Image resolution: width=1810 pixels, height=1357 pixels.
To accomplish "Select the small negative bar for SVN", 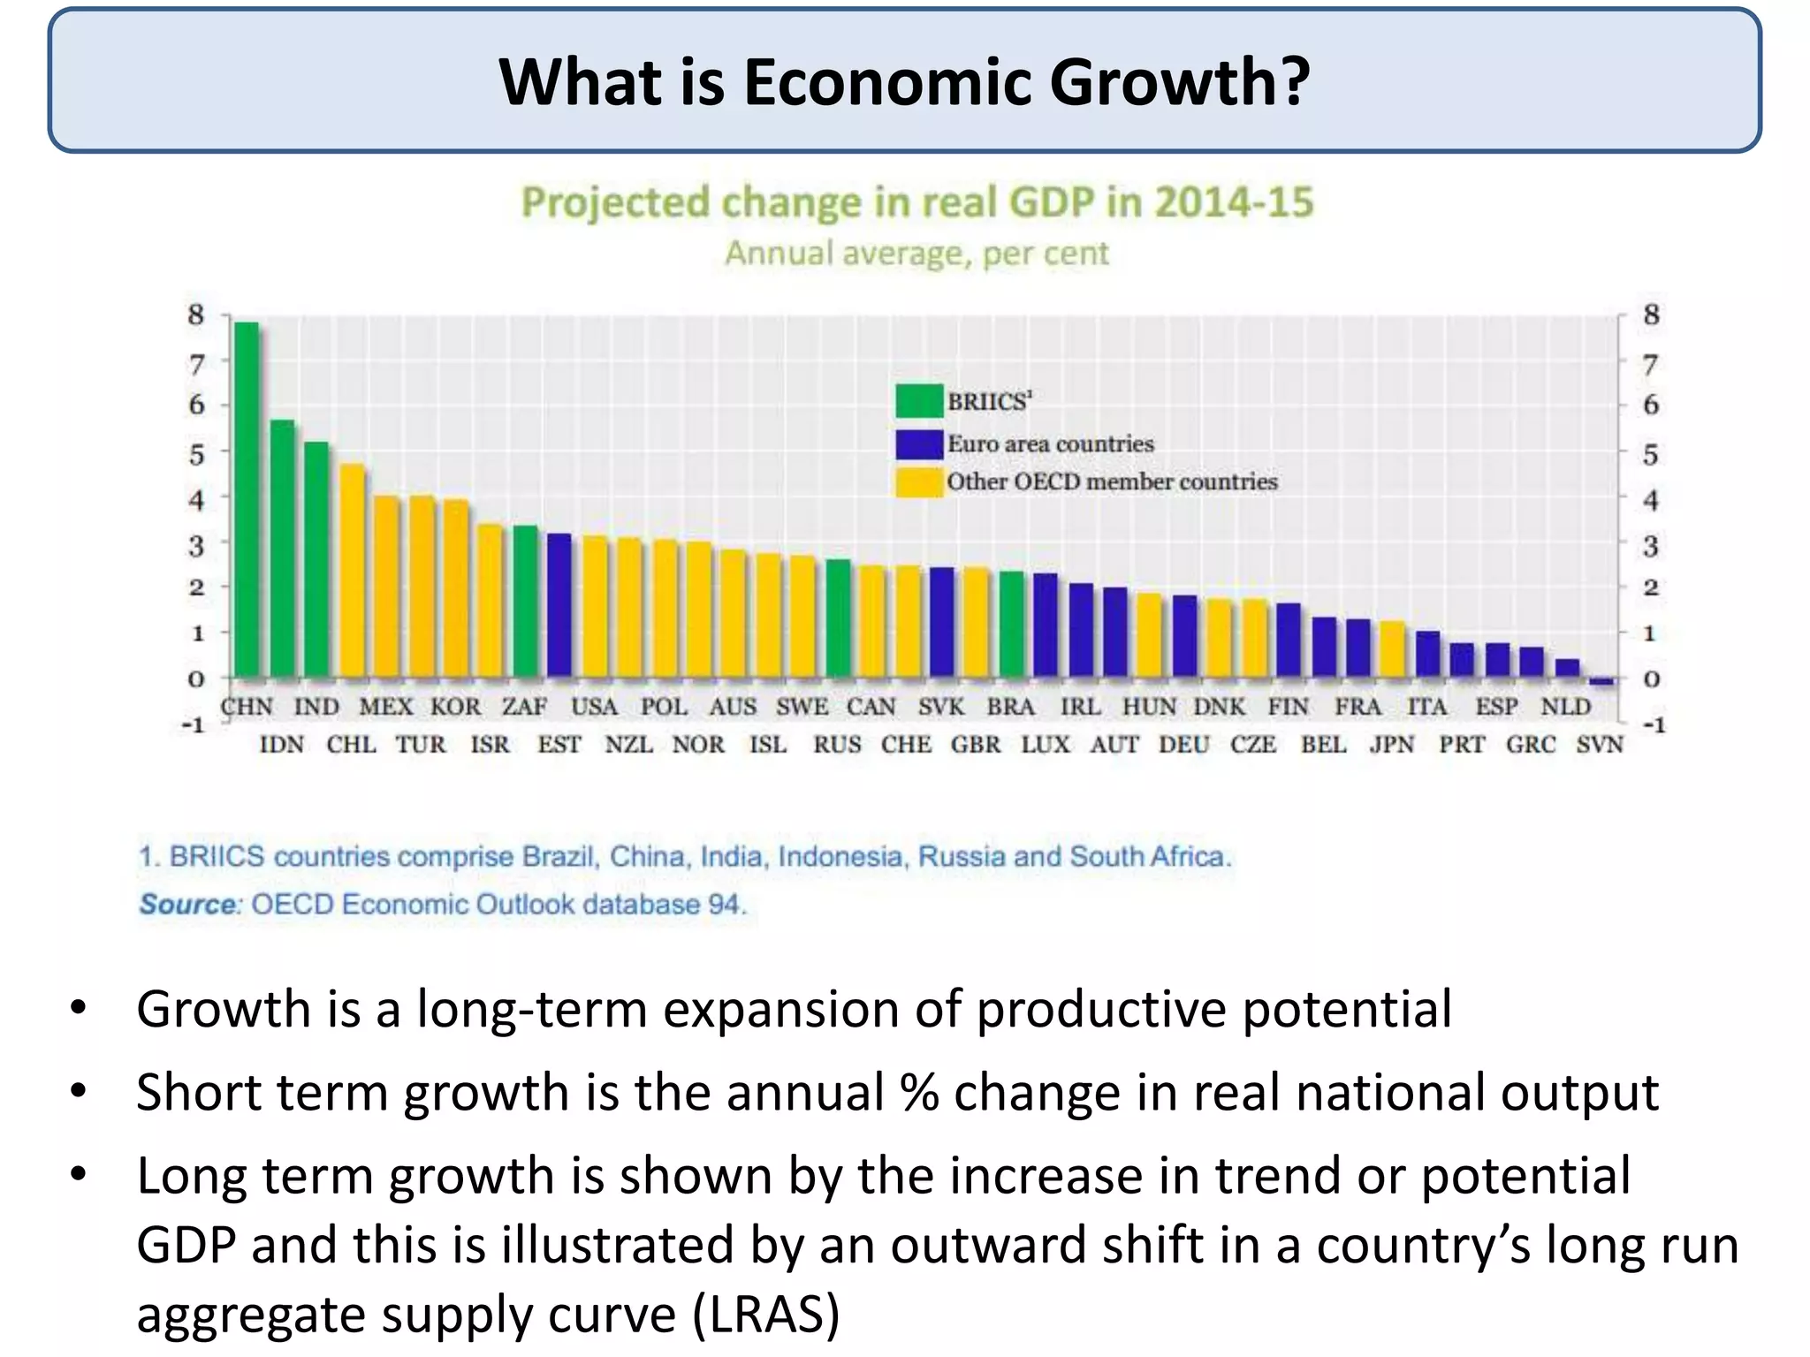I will point(1601,681).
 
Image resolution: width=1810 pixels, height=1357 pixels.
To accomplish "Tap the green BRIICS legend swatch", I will point(918,401).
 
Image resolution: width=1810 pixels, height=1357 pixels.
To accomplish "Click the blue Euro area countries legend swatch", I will point(918,443).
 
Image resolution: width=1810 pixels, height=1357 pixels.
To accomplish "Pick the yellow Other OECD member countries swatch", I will point(918,482).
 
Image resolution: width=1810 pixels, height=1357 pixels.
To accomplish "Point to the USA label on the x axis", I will point(594,707).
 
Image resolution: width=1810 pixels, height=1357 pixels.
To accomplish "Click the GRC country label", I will point(1531,745).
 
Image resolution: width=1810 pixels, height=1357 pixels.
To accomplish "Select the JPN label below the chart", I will point(1392,745).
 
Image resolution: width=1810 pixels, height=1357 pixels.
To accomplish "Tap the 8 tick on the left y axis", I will point(195,315).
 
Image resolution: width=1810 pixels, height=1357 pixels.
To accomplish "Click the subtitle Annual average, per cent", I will point(916,254).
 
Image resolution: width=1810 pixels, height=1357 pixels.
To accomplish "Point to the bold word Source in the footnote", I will point(187,905).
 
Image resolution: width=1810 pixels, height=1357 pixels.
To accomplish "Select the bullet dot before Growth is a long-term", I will point(79,1008).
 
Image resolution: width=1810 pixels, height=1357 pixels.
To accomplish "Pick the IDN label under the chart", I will point(281,745).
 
